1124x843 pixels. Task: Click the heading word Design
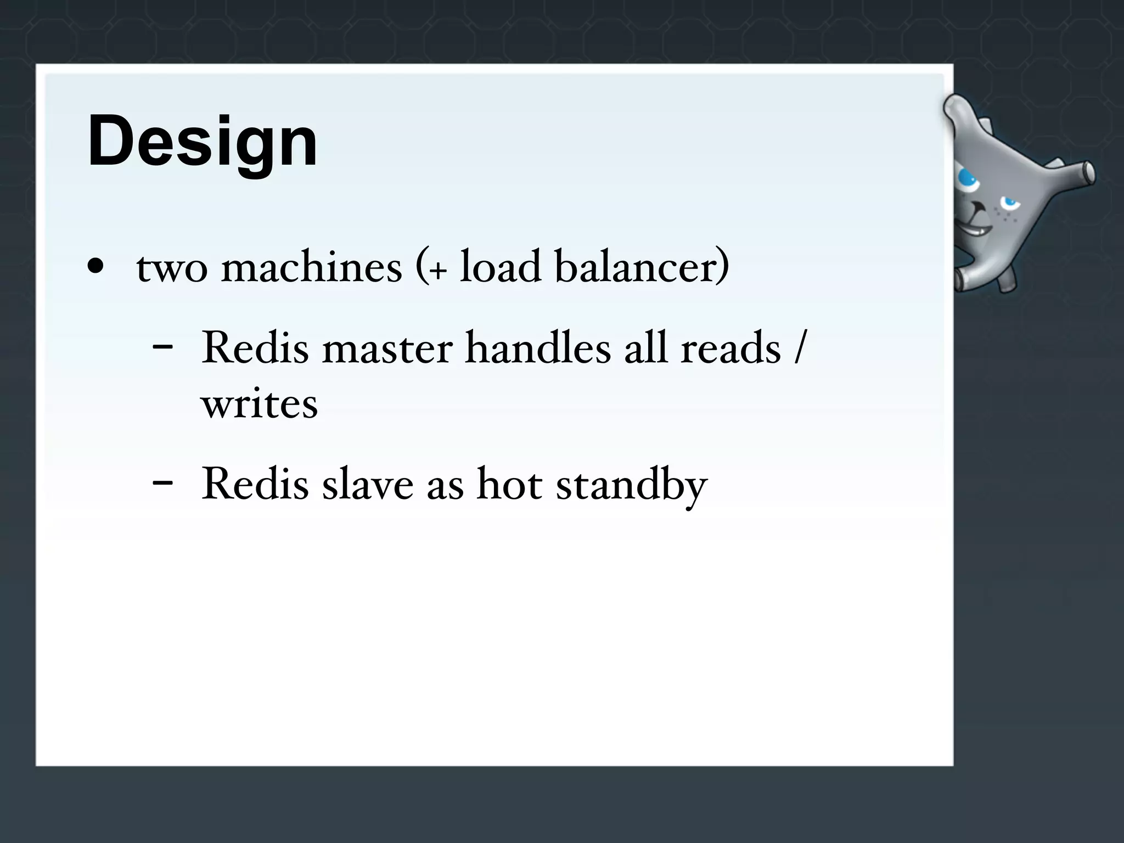point(202,142)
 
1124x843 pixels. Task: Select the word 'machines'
point(312,267)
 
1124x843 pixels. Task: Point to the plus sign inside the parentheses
point(437,271)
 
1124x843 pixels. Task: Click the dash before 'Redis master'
point(162,347)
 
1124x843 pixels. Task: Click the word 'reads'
point(730,348)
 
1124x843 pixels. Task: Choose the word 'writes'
point(259,404)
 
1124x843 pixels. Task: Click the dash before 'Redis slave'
point(162,483)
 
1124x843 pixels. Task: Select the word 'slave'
point(368,484)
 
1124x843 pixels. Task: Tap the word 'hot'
point(510,484)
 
